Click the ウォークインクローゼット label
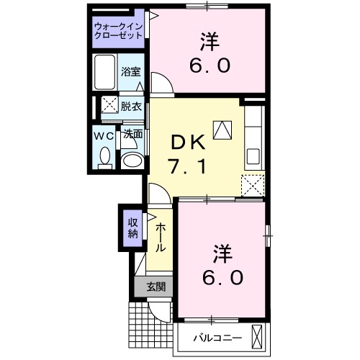[x=119, y=32]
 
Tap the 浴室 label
[x=130, y=73]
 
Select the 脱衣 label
[x=131, y=105]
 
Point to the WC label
[x=104, y=134]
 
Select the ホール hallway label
[x=160, y=236]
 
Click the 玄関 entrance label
[x=156, y=287]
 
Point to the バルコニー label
[x=214, y=337]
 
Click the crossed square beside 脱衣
[x=109, y=105]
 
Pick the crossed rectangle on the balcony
[x=257, y=336]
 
